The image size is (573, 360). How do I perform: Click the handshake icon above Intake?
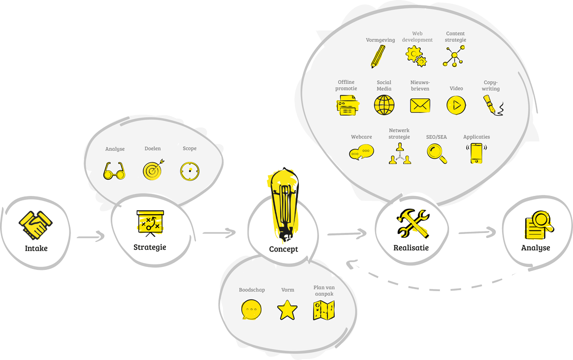[36, 225]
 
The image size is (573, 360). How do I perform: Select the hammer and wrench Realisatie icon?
[413, 223]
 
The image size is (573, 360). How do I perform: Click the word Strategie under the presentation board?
[150, 247]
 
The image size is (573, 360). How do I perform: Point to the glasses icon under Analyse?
[114, 171]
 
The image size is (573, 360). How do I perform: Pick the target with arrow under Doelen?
[153, 170]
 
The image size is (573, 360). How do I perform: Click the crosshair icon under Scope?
[190, 171]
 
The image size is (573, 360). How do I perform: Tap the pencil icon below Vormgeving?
[378, 56]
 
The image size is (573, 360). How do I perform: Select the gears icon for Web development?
[416, 56]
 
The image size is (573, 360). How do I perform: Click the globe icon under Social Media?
[384, 105]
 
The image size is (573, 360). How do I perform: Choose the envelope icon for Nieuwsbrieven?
[420, 105]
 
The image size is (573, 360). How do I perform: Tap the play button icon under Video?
[456, 105]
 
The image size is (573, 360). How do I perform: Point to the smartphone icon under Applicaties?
[476, 153]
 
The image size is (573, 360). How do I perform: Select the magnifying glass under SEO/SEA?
[437, 153]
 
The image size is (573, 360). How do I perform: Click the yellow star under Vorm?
[287, 310]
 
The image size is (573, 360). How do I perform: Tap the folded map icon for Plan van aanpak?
[323, 310]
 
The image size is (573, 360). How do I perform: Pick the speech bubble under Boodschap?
[251, 310]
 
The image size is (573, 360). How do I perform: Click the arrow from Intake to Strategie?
[91, 237]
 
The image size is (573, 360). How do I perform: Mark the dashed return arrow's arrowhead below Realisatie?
[350, 264]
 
